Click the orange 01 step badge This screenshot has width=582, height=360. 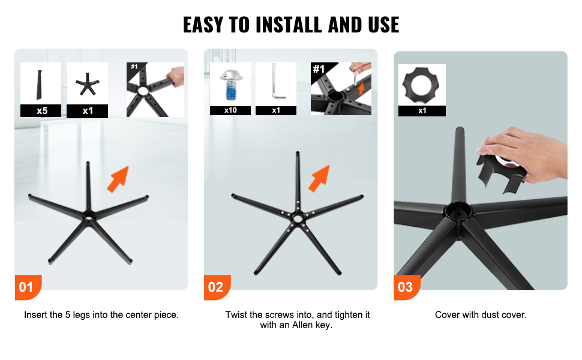pyautogui.click(x=28, y=287)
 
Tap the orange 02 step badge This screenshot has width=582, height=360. pyautogui.click(x=217, y=287)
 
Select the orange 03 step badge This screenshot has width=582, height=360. pyautogui.click(x=407, y=287)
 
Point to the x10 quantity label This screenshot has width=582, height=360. pyautogui.click(x=230, y=110)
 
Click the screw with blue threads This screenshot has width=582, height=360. pyautogui.click(x=231, y=85)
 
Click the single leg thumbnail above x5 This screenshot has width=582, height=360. pyautogui.click(x=39, y=85)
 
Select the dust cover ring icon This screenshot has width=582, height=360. pyautogui.click(x=421, y=85)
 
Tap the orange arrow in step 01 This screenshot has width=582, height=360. pyautogui.click(x=118, y=179)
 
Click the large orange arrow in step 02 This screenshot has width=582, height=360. pyautogui.click(x=319, y=178)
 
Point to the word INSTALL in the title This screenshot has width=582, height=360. pyautogui.click(x=289, y=25)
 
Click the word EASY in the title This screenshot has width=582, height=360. pyautogui.click(x=203, y=25)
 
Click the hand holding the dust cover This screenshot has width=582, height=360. pyautogui.click(x=523, y=154)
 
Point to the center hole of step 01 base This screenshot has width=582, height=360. pyautogui.click(x=89, y=215)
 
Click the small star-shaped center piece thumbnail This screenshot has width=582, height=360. pyautogui.click(x=87, y=84)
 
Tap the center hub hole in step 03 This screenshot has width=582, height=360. pyautogui.click(x=458, y=210)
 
